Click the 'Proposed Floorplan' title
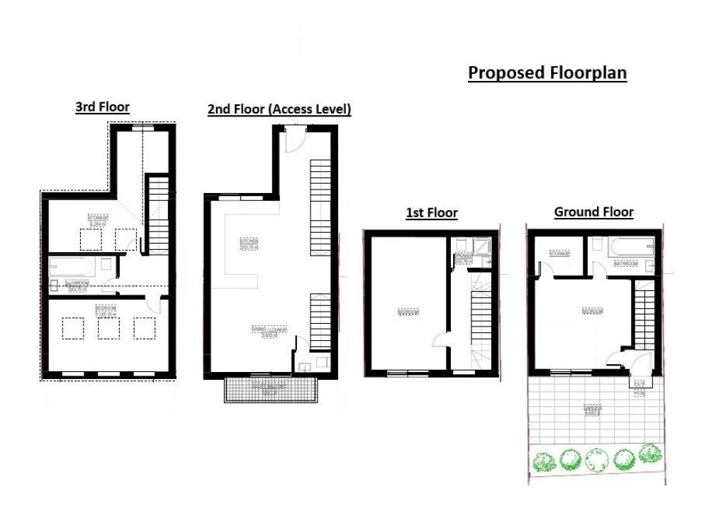tap(547, 73)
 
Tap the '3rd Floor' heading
tap(103, 107)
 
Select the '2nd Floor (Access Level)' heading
tap(279, 109)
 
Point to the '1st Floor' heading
tap(432, 212)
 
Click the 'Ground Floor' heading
tap(593, 212)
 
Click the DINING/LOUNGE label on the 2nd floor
tap(264, 332)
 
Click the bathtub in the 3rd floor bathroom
tap(72, 268)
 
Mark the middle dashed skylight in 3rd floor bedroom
tap(108, 328)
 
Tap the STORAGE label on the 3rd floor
tap(98, 219)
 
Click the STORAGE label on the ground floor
tap(558, 253)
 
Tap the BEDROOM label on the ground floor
tap(593, 310)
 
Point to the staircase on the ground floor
tap(644, 316)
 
